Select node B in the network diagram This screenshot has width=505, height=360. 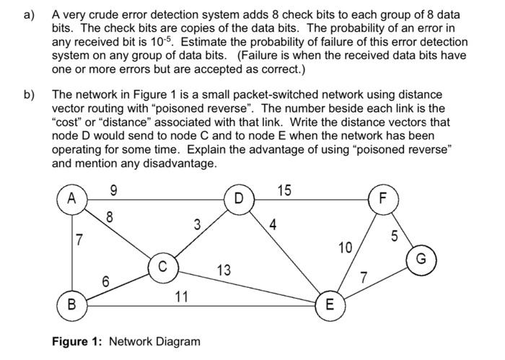pos(72,303)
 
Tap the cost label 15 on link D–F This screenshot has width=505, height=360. pos(285,190)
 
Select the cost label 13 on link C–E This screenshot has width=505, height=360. pos(224,270)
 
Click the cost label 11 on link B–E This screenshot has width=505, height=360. pos(182,295)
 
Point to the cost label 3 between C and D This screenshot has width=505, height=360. pos(197,224)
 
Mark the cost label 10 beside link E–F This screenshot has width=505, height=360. pos(346,248)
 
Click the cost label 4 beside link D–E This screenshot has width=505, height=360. pos(272,224)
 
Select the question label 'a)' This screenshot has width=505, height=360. pos(31,14)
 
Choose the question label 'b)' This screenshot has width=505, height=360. pos(31,95)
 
